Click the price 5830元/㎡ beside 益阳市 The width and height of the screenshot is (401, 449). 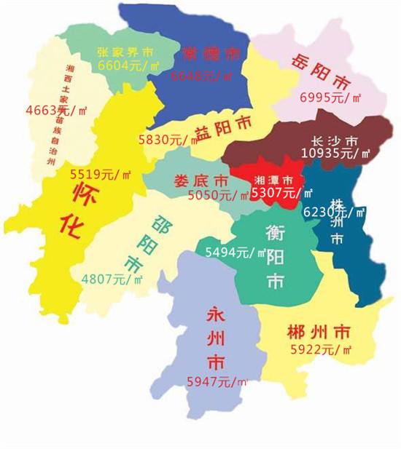point(166,139)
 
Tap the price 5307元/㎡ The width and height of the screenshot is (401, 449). point(281,194)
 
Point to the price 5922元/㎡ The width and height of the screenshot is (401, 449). point(321,350)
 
